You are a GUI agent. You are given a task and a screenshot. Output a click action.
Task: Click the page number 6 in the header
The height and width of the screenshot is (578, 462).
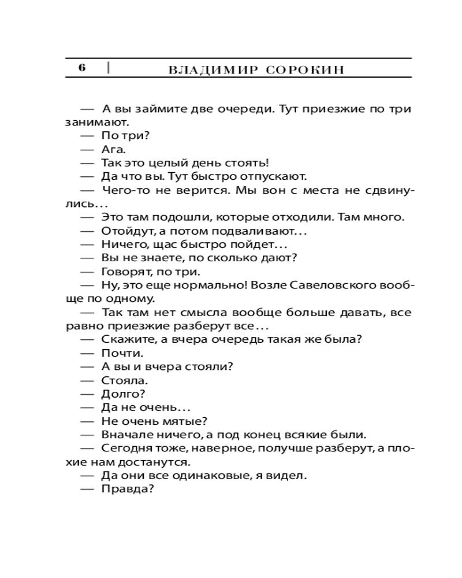tap(82, 68)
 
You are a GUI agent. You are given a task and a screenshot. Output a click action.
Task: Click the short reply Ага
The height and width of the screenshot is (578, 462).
tap(113, 149)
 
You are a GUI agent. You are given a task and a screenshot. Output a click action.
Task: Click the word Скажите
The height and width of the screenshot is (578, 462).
tap(126, 339)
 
